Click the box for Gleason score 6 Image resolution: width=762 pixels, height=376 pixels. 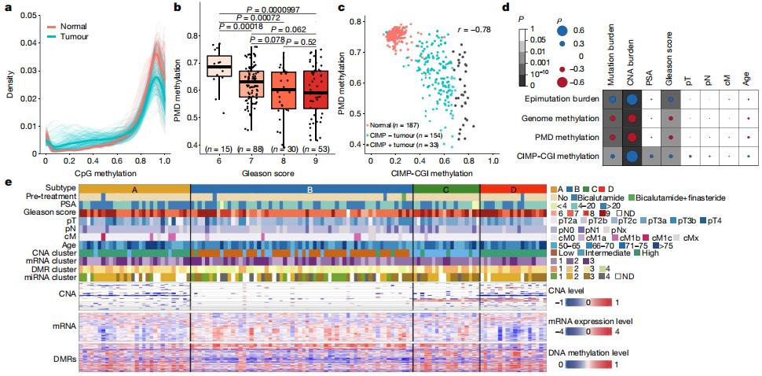(218, 66)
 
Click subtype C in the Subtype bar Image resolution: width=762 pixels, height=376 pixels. (445, 189)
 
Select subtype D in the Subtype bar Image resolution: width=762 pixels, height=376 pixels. (513, 189)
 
